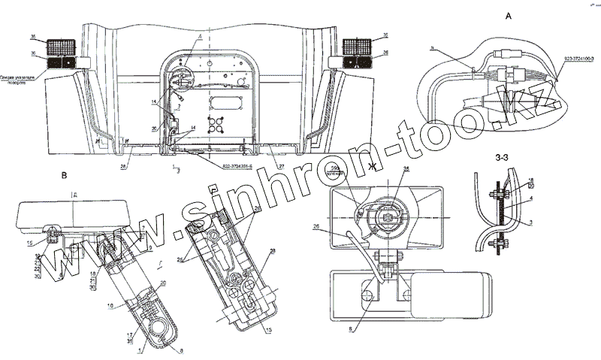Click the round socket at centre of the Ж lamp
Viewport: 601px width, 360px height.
388,216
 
